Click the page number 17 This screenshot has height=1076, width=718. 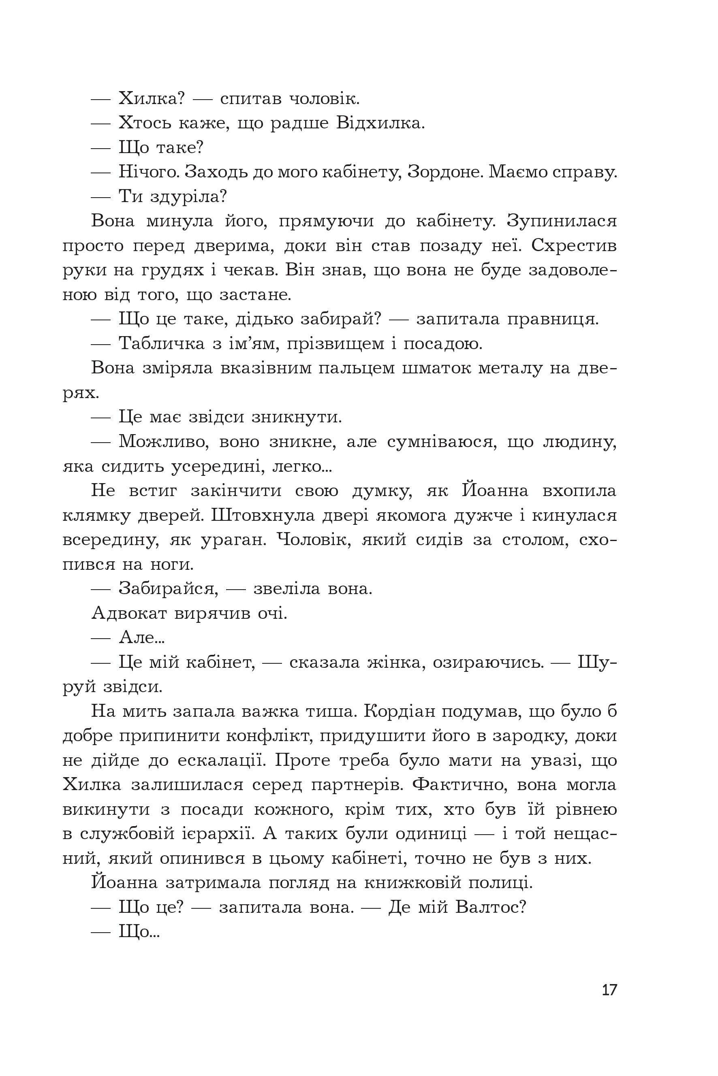[x=609, y=990]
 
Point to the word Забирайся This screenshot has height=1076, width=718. [x=168, y=588]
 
